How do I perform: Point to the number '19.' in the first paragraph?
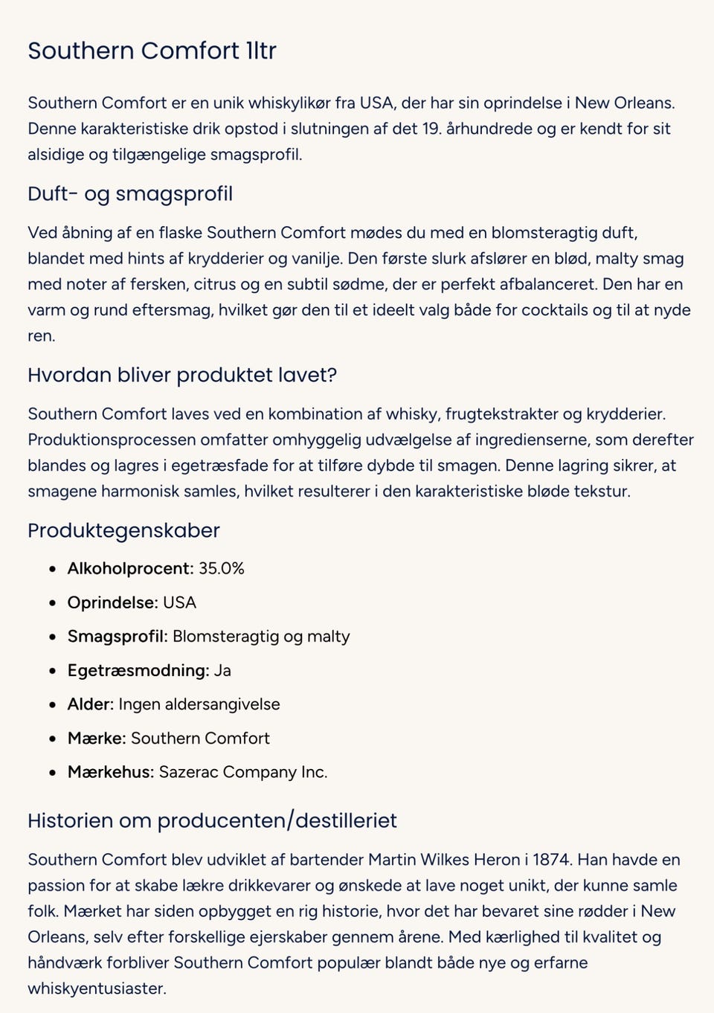pos(431,129)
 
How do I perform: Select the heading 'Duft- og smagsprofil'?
pos(130,194)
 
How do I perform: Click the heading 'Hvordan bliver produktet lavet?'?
pos(182,375)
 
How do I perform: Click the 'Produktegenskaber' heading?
pos(123,530)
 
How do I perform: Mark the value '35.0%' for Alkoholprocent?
pos(222,568)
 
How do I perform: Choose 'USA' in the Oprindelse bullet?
pos(180,602)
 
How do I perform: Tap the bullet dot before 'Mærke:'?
pos(52,739)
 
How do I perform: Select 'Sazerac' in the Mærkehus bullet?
pos(188,772)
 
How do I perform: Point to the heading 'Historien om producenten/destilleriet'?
pos(212,820)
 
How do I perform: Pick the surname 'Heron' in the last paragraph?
pos(497,860)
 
